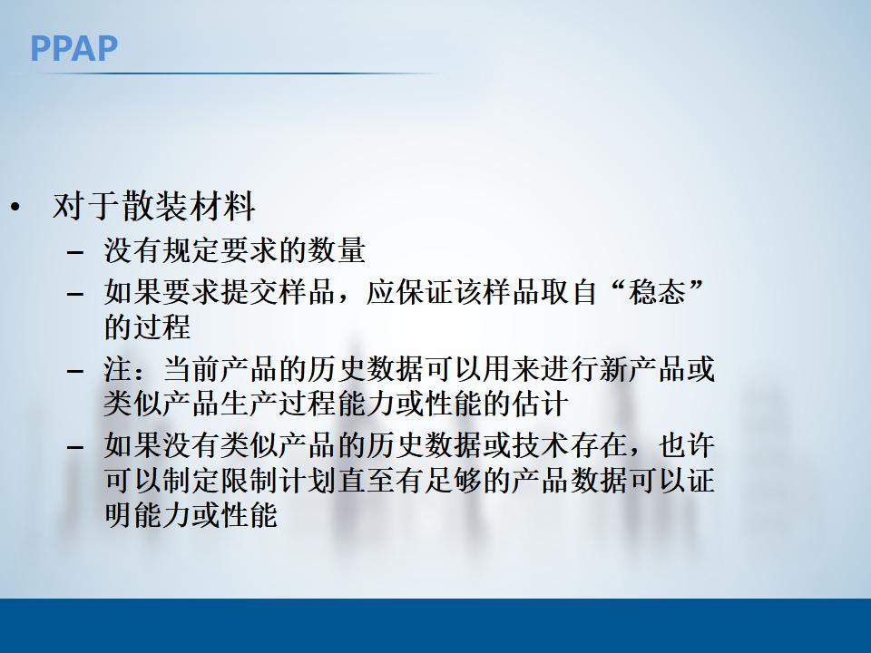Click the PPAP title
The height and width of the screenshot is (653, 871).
tap(73, 47)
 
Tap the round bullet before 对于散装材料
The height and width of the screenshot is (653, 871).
tap(15, 208)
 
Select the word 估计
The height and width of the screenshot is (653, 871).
tap(540, 402)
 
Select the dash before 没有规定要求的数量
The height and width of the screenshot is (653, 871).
tap(75, 251)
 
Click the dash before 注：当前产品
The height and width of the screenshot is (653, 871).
tap(75, 372)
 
